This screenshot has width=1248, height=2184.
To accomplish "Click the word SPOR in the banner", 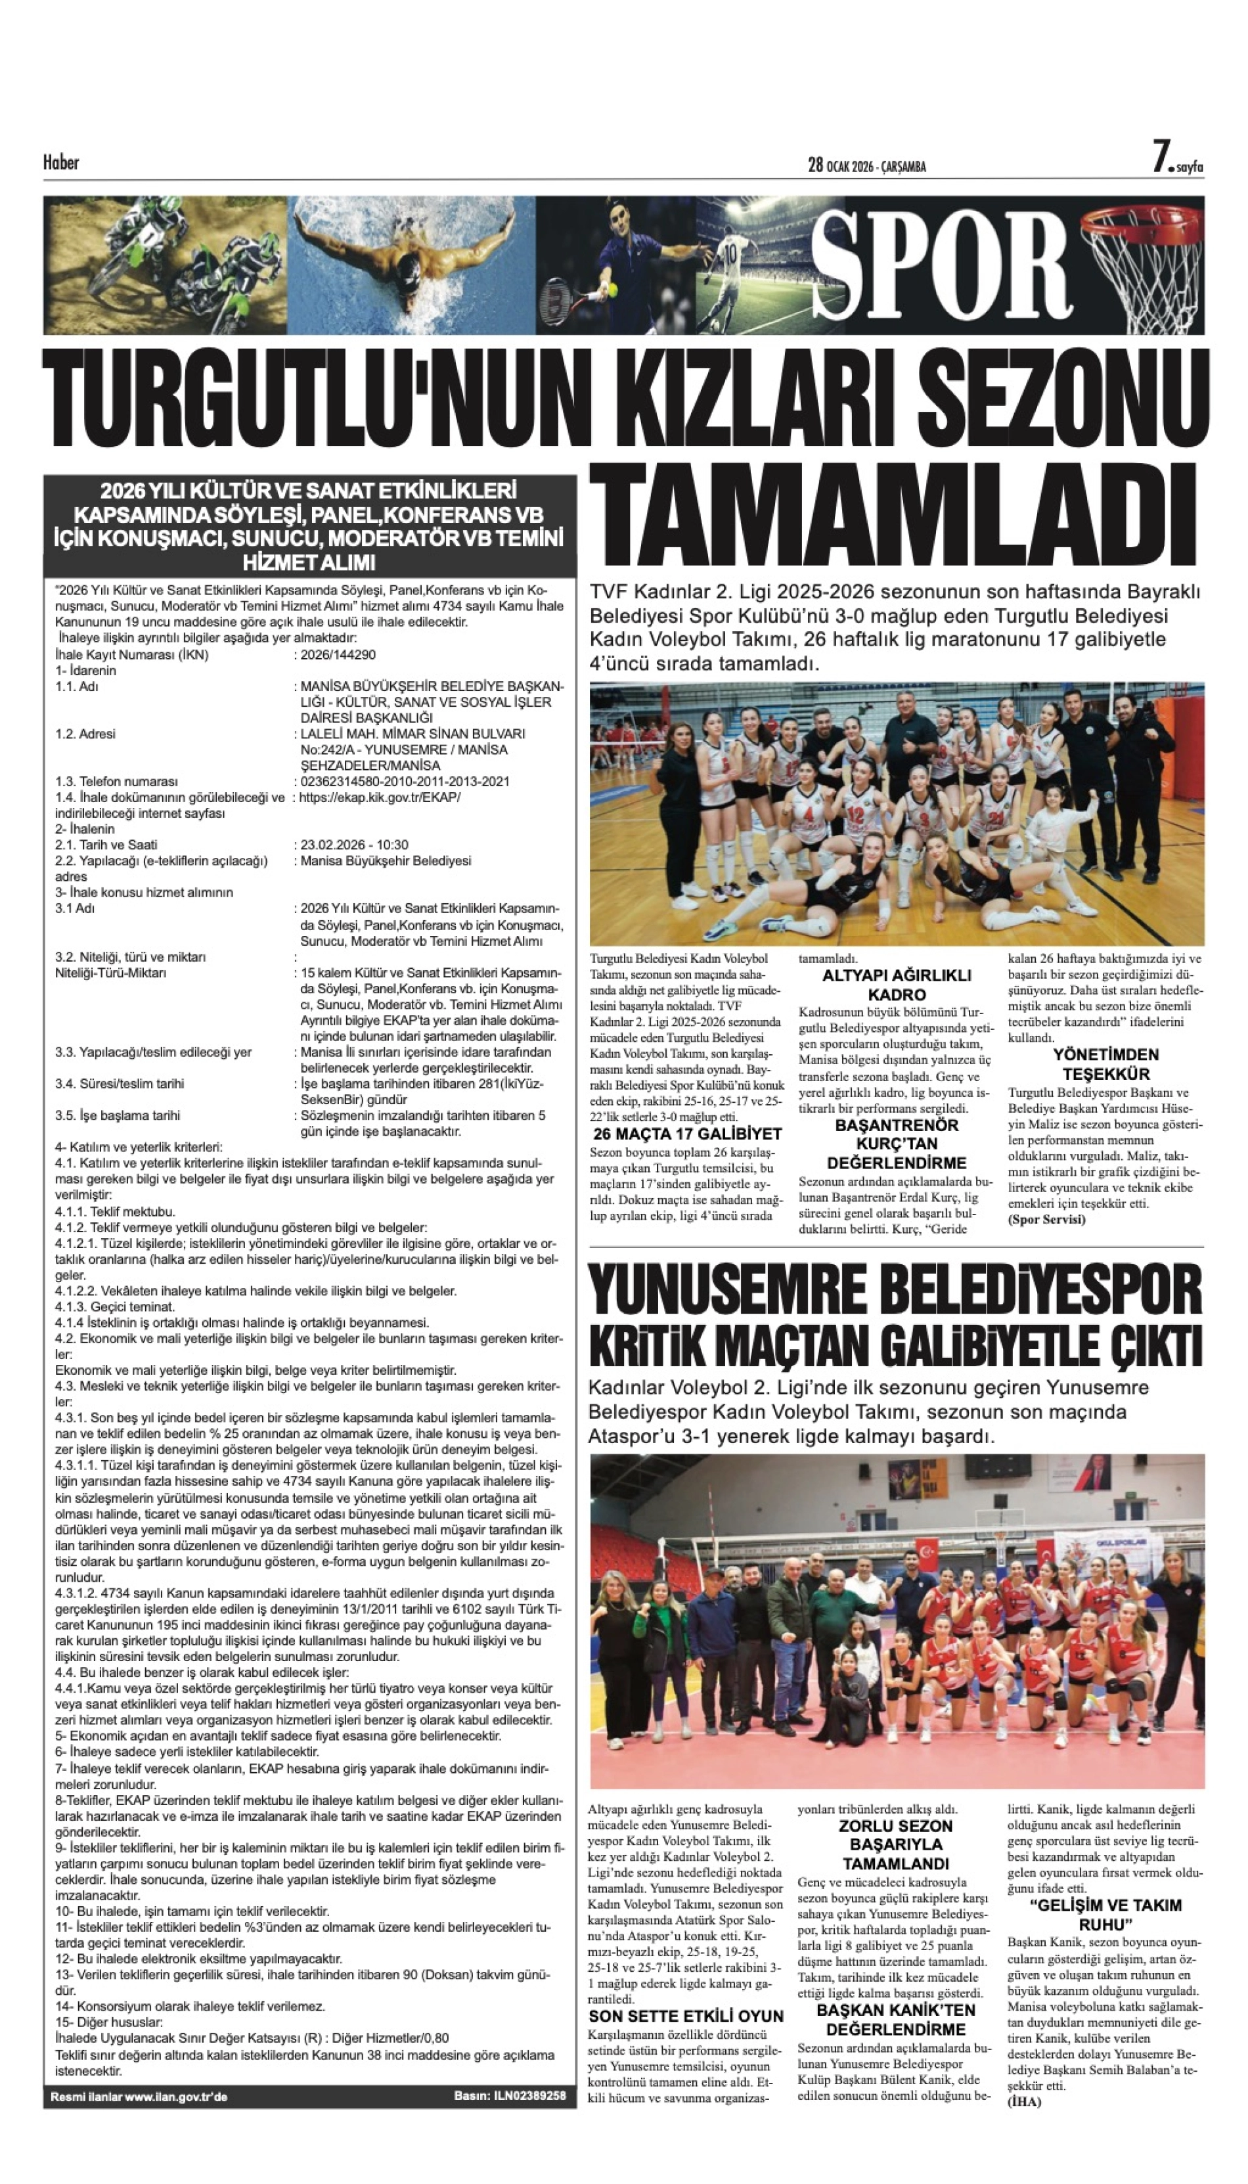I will (x=941, y=264).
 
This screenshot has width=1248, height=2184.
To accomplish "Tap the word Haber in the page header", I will (x=61, y=162).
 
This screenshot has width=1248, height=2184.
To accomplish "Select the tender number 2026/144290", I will (x=338, y=655).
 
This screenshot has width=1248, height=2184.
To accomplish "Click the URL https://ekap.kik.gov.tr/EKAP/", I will (x=380, y=797).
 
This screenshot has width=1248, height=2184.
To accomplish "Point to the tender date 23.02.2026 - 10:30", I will (x=354, y=844).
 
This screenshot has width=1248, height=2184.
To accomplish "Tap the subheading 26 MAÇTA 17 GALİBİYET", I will (x=686, y=1133).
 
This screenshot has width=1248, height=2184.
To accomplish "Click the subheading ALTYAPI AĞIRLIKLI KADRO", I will (x=897, y=985).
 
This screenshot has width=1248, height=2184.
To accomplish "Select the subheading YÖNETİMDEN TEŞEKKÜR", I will (x=1105, y=1063).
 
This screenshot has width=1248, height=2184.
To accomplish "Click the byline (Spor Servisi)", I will (x=1046, y=1219).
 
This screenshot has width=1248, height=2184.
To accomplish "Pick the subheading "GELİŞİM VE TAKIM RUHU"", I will (x=1105, y=1914).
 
